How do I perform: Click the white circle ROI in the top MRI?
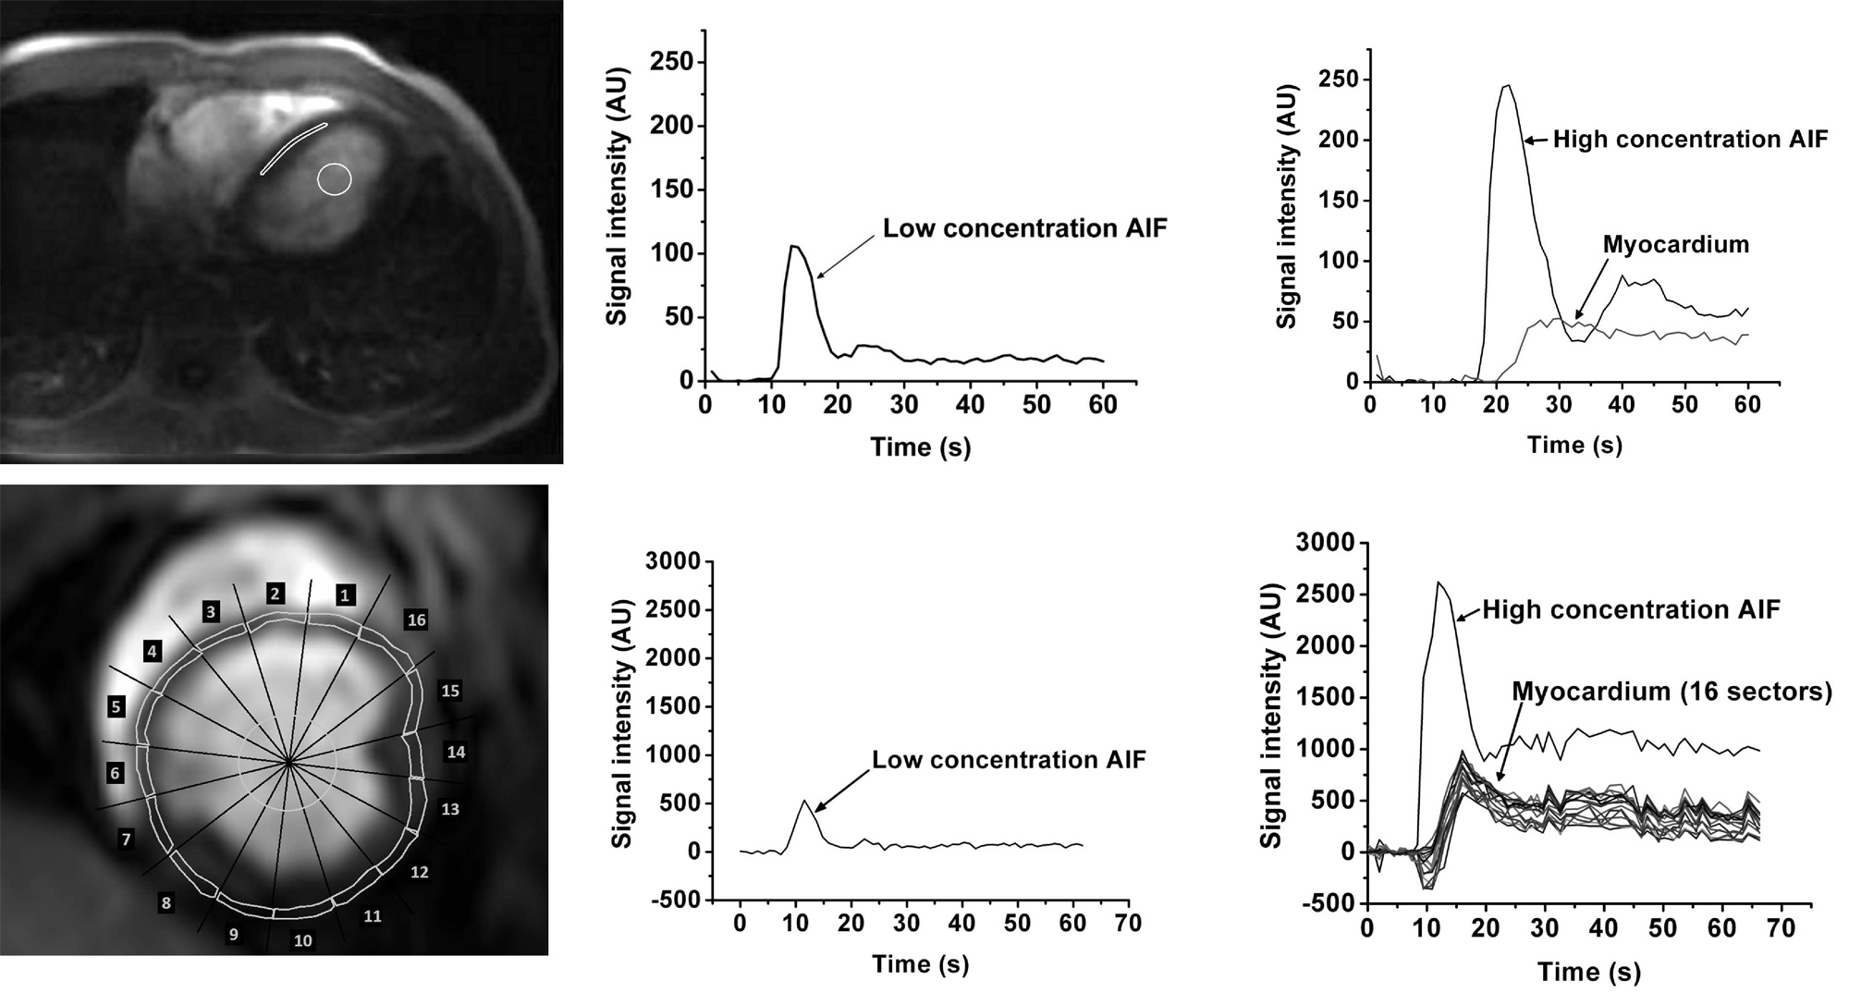[335, 179]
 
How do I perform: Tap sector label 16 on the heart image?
[416, 619]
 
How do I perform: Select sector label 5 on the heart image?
[116, 707]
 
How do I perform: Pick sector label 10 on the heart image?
[303, 941]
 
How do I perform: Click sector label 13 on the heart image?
[450, 809]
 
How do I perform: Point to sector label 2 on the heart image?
[275, 594]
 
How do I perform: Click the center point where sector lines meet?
[289, 763]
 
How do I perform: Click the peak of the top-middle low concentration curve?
[793, 246]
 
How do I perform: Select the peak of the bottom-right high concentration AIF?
[1439, 582]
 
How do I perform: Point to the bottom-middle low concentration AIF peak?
[804, 801]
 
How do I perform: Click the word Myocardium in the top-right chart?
[1676, 245]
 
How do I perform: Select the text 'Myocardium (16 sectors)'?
[1671, 692]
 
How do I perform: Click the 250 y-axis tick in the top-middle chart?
[672, 62]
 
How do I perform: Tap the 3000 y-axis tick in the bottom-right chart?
[1325, 542]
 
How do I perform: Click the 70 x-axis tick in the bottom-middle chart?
[1128, 924]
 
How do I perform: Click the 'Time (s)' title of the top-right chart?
[1574, 445]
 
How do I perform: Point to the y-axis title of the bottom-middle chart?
[622, 723]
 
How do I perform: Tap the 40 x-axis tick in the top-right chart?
[1622, 405]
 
